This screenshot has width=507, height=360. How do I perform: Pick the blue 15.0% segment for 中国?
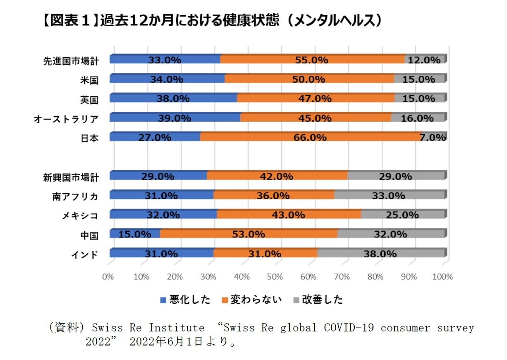134,234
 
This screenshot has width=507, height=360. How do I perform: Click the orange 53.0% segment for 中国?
248,234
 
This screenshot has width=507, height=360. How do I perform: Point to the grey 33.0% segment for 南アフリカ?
389,196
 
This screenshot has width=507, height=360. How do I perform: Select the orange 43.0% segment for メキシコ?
288,215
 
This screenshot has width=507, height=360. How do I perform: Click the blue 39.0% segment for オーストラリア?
175,118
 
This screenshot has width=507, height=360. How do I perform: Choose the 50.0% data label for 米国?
309,79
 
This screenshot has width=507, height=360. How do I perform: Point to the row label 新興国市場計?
71,178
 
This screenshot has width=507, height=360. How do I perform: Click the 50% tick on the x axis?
275,277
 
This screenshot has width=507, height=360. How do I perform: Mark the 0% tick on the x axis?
108,277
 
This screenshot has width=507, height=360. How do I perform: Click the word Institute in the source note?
177,328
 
